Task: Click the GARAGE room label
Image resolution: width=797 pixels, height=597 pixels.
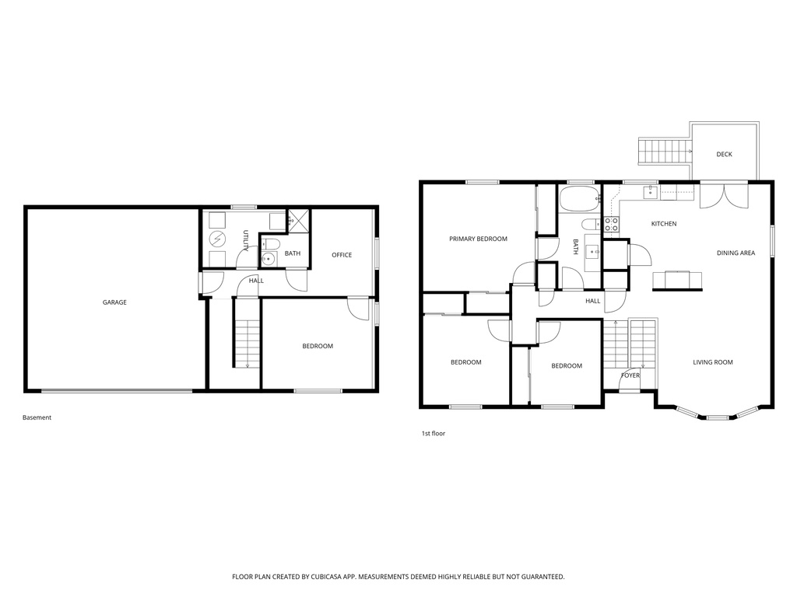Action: click(x=114, y=302)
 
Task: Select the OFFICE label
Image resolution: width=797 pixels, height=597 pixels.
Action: click(x=342, y=255)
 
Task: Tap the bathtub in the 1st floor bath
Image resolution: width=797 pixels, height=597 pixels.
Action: click(x=578, y=198)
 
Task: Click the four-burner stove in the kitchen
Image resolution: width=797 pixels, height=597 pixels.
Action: click(x=612, y=225)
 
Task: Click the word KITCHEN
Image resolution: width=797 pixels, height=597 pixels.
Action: click(x=664, y=224)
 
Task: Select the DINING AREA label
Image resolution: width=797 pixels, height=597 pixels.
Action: click(x=736, y=253)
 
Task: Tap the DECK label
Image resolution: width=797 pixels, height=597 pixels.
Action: click(x=724, y=155)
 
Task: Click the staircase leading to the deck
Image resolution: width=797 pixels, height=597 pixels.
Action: click(x=664, y=149)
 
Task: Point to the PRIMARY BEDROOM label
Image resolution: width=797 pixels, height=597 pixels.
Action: click(x=478, y=239)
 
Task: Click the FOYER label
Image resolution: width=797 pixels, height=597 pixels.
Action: click(x=630, y=375)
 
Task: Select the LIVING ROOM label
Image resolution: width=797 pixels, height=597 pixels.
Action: click(x=713, y=362)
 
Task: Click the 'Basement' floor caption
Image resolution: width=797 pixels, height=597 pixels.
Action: click(x=37, y=417)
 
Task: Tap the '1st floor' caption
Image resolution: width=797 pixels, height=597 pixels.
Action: click(x=434, y=433)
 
